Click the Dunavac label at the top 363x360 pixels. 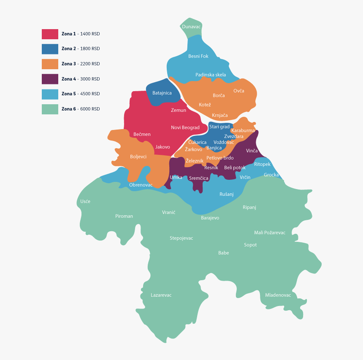coord(191,27)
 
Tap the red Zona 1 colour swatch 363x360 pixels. coord(50,34)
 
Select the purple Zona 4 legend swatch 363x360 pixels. coord(50,79)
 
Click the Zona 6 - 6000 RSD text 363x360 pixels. coord(81,109)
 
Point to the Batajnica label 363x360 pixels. coord(162,92)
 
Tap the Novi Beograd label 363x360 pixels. coord(185,127)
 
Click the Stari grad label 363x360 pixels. coord(219,127)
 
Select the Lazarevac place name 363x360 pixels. coord(161,295)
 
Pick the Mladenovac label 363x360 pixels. coord(278,295)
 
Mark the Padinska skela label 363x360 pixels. coord(211,75)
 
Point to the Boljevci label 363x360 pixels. coord(138,157)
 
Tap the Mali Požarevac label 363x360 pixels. coord(270,233)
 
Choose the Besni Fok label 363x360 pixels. coord(198,56)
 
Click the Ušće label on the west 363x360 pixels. coord(85,201)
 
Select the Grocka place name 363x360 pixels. coord(271,175)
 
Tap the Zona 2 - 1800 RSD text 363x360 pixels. coord(81,49)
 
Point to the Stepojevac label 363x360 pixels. coord(181,238)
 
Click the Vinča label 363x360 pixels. coord(252,151)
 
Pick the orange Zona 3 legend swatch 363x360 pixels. coord(50,64)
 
